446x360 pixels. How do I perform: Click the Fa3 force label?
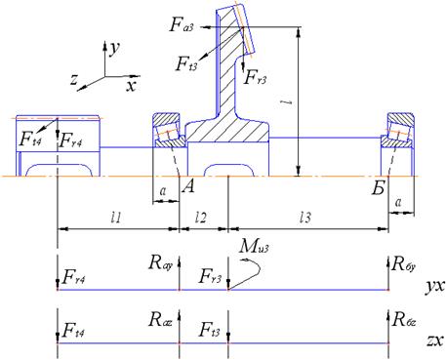pyautogui.click(x=182, y=24)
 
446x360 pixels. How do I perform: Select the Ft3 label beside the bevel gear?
pyautogui.click(x=186, y=63)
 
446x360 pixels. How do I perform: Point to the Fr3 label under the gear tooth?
pyautogui.click(x=256, y=77)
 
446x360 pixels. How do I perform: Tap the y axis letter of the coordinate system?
pyautogui.click(x=114, y=49)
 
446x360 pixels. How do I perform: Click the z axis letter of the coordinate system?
pyautogui.click(x=74, y=79)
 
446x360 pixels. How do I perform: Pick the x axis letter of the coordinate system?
pyautogui.click(x=132, y=86)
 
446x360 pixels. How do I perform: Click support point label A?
pyautogui.click(x=188, y=186)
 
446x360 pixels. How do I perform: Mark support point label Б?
pyautogui.click(x=379, y=187)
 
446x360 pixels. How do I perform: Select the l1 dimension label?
pyautogui.click(x=116, y=218)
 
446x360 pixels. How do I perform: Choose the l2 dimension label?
pyautogui.click(x=201, y=218)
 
